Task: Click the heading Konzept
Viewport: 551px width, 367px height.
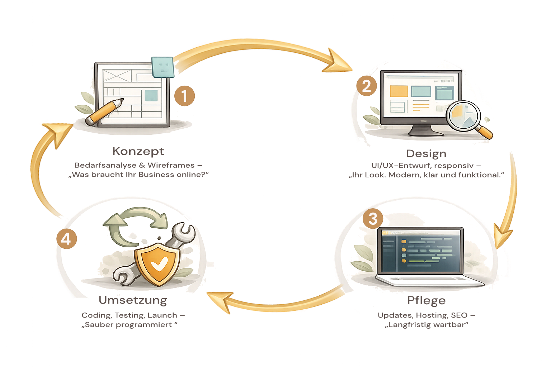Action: (138, 151)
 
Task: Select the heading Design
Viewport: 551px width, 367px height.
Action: (426, 154)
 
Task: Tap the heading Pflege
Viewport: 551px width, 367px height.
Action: (426, 300)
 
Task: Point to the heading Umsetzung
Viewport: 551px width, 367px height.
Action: (133, 300)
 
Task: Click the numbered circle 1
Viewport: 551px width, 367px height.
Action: (184, 96)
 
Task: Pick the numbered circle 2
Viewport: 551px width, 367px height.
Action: (366, 86)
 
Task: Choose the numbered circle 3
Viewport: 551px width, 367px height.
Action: (373, 219)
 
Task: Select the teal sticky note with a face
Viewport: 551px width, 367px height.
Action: (163, 66)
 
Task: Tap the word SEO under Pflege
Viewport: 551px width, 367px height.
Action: (459, 315)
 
